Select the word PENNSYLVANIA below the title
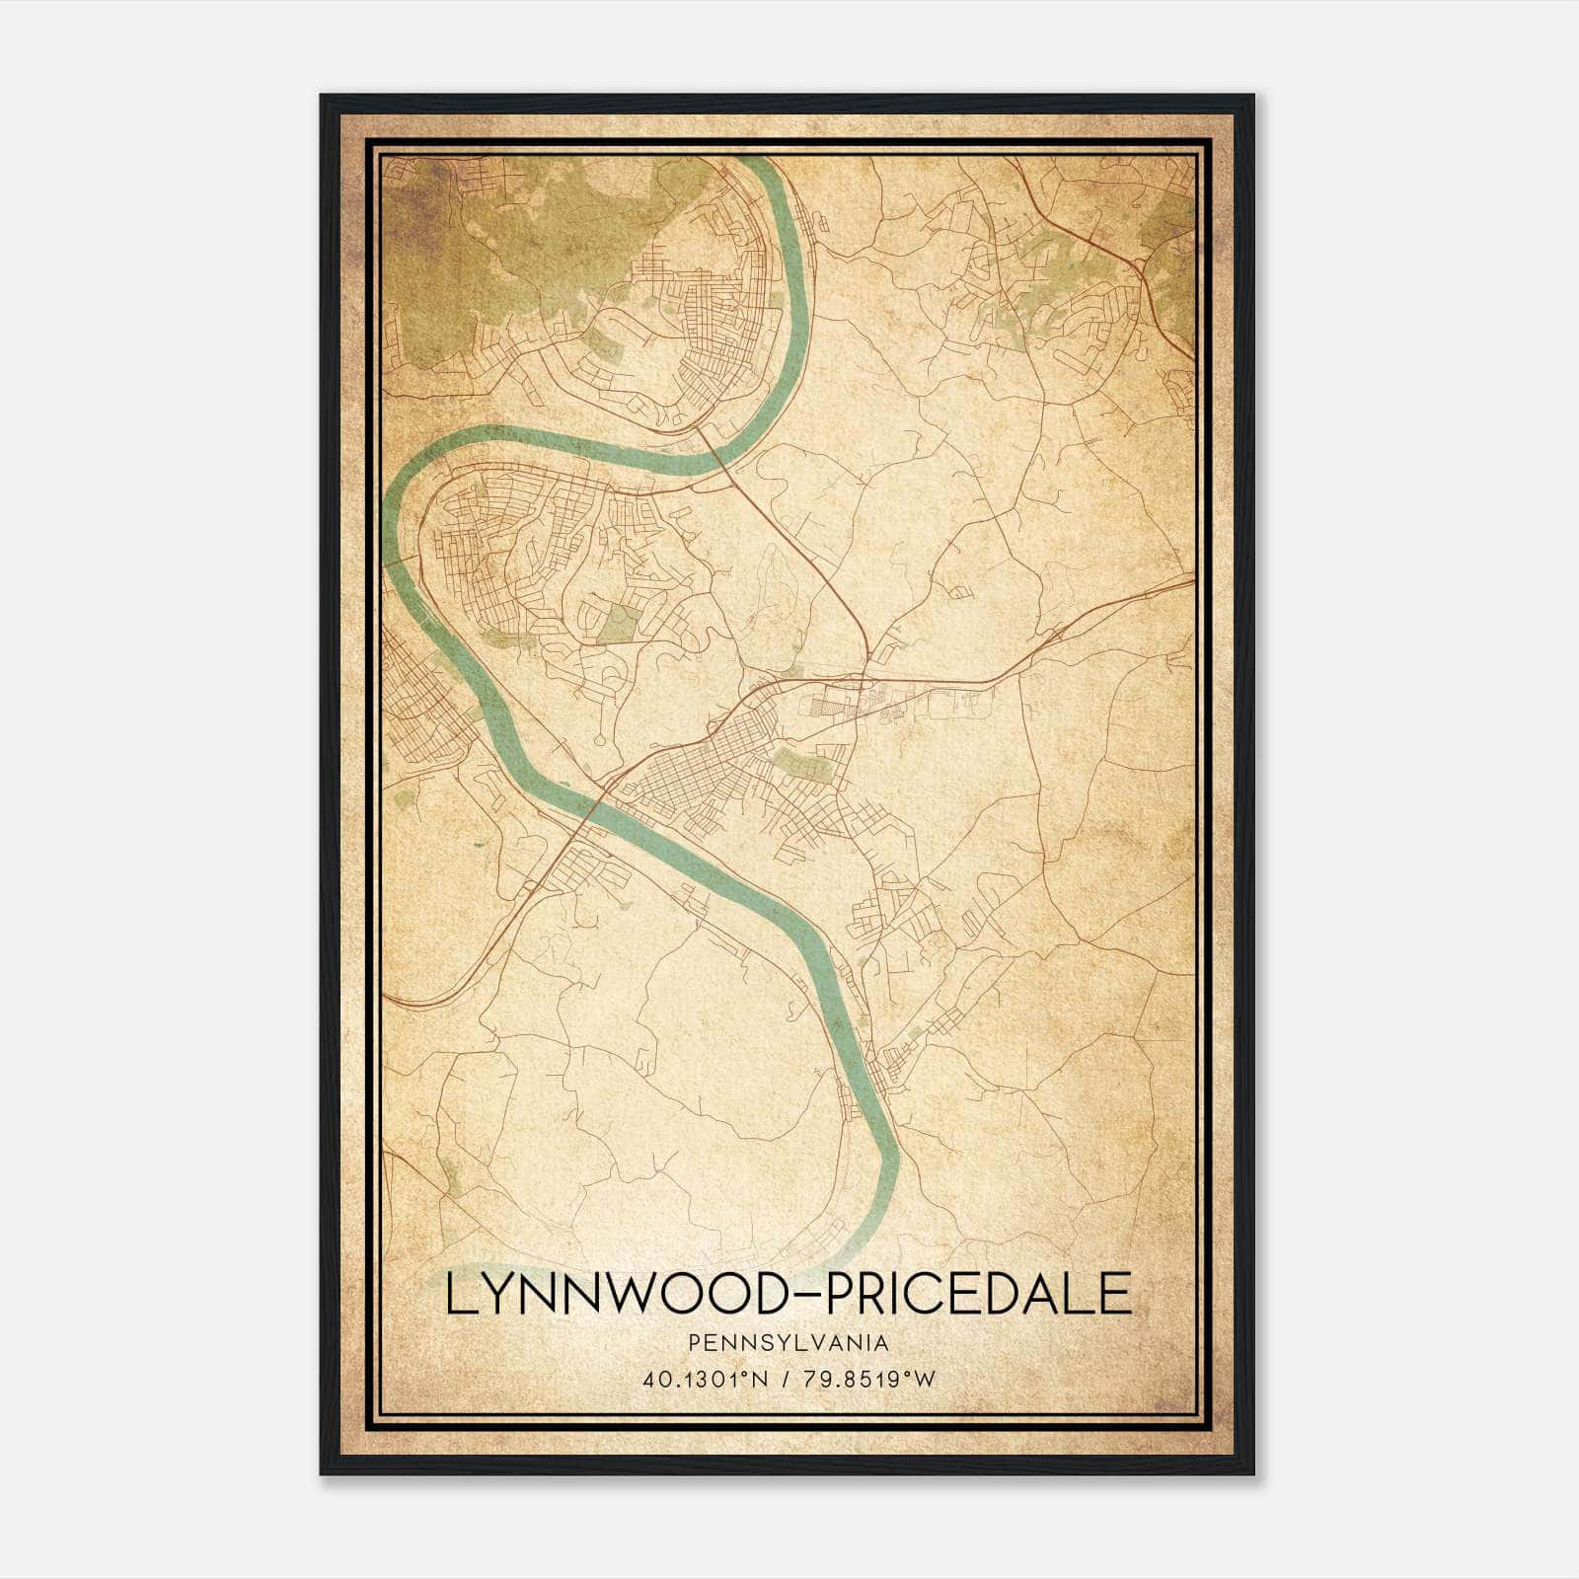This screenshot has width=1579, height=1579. coord(789,1342)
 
